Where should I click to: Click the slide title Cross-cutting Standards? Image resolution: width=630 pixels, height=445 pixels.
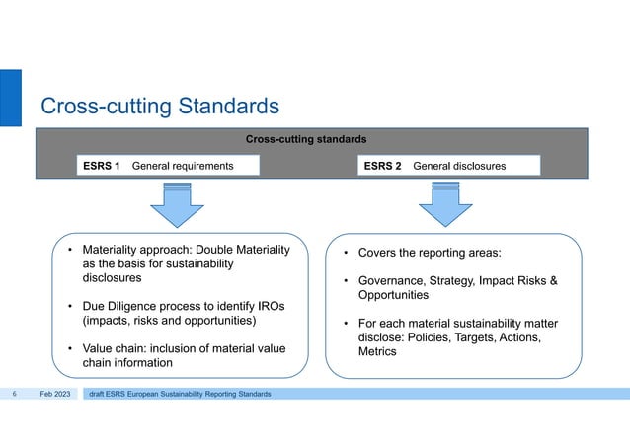point(159,105)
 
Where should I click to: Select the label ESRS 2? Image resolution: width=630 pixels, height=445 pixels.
point(382,166)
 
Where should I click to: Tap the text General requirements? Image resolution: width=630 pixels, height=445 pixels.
point(183,166)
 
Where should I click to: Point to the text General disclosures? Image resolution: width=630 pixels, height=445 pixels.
point(459,166)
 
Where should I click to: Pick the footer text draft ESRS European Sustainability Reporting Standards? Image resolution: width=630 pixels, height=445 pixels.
point(180,395)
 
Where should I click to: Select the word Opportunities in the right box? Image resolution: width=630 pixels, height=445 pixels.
point(393,295)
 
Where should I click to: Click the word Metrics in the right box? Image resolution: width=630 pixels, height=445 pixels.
point(377,351)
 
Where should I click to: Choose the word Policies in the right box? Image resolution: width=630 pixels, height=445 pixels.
point(432,337)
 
